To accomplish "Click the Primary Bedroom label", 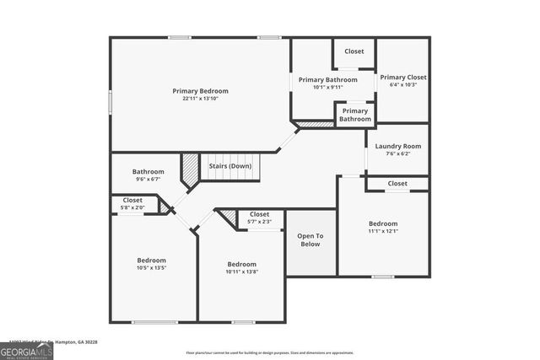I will coord(200,91).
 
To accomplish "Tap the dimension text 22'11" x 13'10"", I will coord(200,99).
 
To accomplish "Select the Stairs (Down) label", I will coord(229,166).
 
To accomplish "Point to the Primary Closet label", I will coord(402,77).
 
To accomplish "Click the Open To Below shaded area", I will coord(310,240).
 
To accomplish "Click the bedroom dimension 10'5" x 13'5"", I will coord(152,268).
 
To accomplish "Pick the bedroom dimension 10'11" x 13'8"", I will coord(242,271).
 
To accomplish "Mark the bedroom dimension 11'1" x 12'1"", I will coord(382,231).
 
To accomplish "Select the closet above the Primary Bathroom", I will coord(354,51).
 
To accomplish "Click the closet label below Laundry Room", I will coord(397,183).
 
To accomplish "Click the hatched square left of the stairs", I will coord(191,164).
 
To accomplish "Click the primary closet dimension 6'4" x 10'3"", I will coord(402,84).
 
